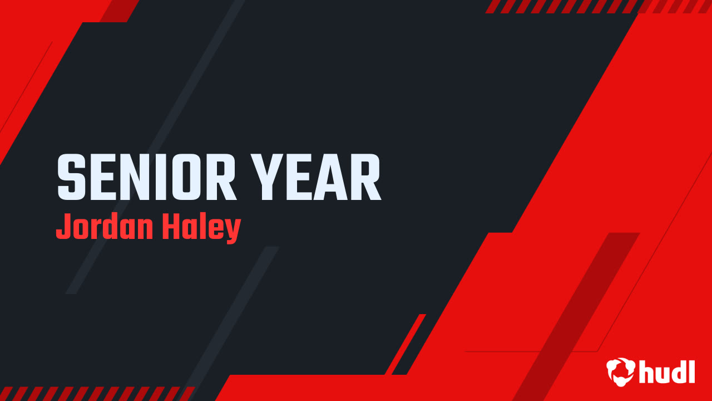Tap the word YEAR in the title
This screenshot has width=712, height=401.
pos(316,178)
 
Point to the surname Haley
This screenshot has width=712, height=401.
pos(201,228)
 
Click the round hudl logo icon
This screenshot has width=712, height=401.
pos(620,371)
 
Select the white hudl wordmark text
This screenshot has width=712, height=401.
pos(666,371)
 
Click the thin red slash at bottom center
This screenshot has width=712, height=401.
pos(406,344)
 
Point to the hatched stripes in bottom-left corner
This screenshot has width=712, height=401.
pos(95,393)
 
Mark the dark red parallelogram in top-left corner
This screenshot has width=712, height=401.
pos(120,11)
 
